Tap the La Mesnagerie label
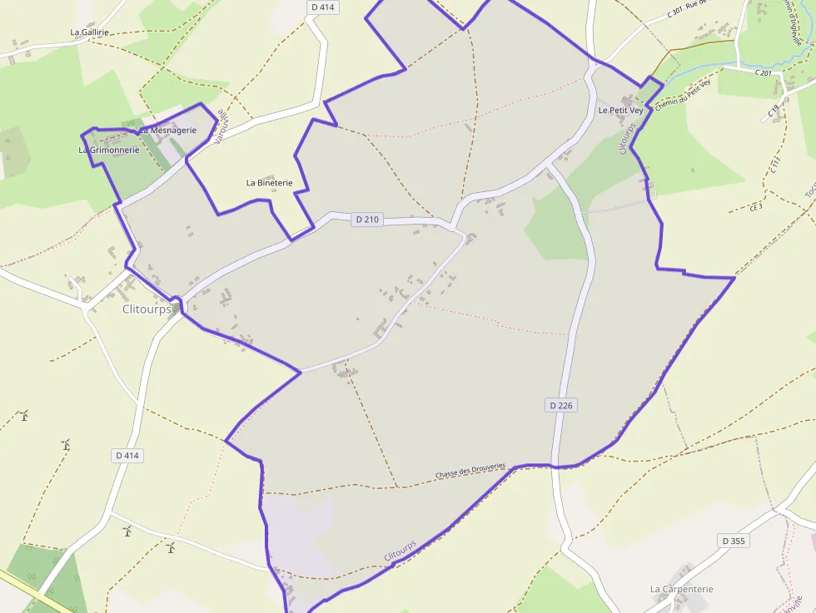(x=167, y=130)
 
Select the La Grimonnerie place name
(x=108, y=151)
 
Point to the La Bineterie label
(x=269, y=182)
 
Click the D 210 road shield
(x=366, y=220)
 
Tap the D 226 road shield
(x=562, y=405)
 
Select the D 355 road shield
(x=734, y=541)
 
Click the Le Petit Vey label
(x=620, y=110)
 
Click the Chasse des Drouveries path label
(x=470, y=471)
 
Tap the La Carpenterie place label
(x=681, y=589)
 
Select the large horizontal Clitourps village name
(x=147, y=309)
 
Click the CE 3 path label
(x=756, y=206)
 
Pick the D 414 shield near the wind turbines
(x=127, y=455)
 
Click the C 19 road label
(x=774, y=109)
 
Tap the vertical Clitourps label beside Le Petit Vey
(x=626, y=138)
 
